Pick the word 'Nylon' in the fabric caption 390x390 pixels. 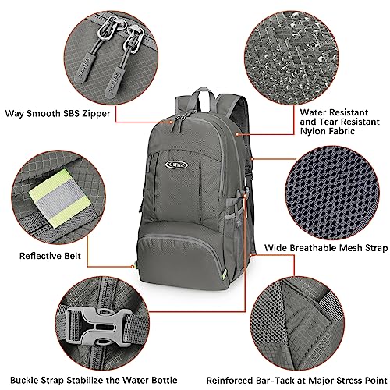point(313,133)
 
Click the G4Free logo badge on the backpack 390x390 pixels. point(179,143)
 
